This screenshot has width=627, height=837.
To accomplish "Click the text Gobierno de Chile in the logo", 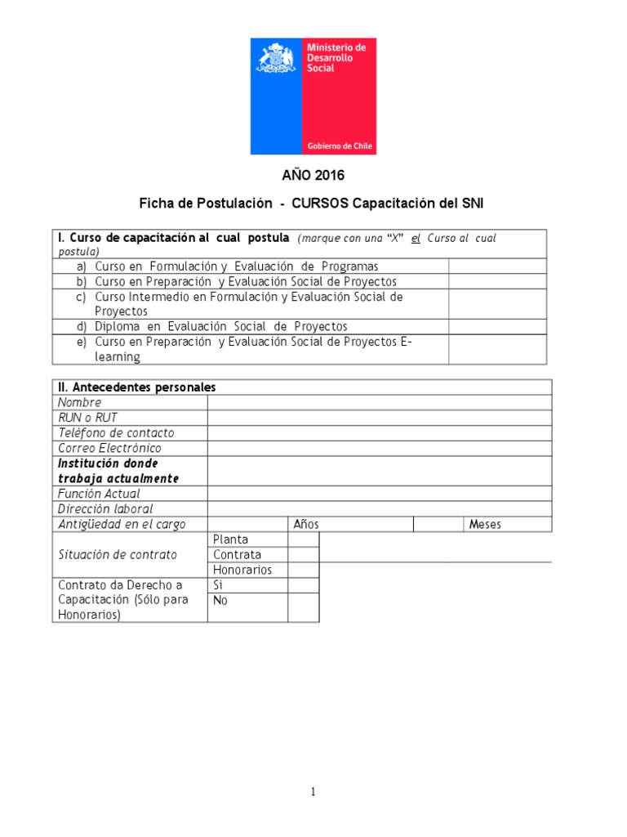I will [340, 146].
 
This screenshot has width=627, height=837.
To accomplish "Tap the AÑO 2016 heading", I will [313, 175].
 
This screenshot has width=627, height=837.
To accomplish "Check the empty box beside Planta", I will [303, 539].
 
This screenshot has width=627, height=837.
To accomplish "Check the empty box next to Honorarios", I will [303, 570].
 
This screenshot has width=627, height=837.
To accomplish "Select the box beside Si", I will [303, 585].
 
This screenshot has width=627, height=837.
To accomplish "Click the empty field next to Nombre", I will [379, 402].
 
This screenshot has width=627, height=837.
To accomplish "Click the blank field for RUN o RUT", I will [379, 418].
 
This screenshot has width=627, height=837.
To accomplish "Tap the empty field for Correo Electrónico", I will [379, 448].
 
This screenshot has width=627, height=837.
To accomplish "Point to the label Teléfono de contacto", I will [116, 433].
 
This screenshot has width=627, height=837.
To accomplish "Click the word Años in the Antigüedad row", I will [306, 525].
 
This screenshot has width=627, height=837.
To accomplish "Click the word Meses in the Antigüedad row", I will [485, 525].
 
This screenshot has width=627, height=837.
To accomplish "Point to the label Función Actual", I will [99, 494].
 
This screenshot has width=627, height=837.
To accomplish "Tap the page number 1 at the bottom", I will [312, 792].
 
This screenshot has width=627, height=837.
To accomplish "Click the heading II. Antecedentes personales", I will [136, 387].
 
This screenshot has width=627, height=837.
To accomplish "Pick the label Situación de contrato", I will [118, 554].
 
